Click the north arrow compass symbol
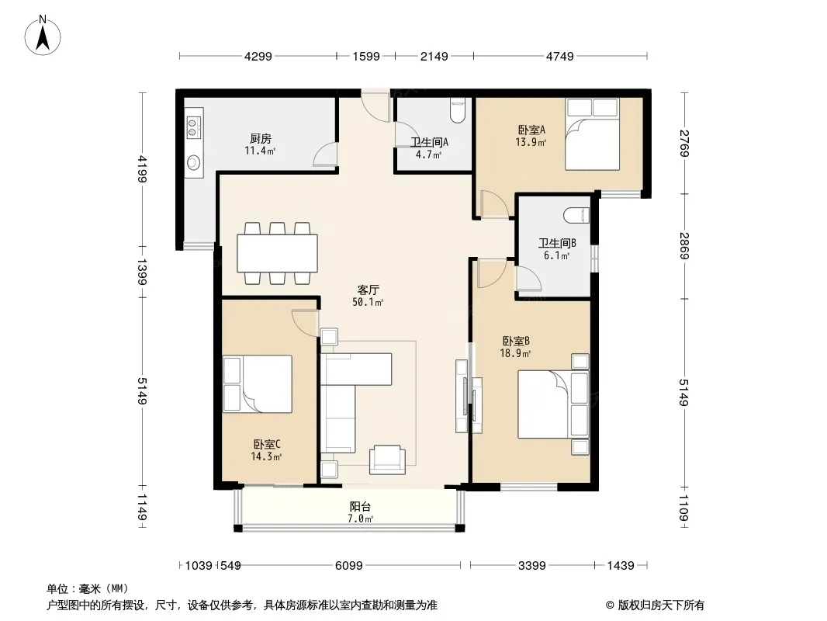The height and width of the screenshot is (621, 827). (x=43, y=36)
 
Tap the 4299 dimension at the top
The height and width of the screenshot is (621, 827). (x=258, y=56)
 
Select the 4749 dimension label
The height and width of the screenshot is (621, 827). (x=559, y=56)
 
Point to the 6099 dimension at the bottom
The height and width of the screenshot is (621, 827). (x=349, y=566)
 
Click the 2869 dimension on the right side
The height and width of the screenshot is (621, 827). (x=684, y=246)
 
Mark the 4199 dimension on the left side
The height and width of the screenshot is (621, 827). (x=142, y=169)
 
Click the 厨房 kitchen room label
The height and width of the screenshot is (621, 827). (x=261, y=139)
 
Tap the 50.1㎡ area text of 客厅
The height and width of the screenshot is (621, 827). (x=368, y=302)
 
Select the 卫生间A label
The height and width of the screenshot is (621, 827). (x=429, y=143)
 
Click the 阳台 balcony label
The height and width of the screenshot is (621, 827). (x=360, y=507)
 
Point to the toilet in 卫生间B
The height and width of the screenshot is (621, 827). (x=576, y=215)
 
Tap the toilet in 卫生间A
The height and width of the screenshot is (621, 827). (x=457, y=111)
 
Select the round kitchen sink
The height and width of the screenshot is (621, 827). (x=194, y=162)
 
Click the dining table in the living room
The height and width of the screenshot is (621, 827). (x=278, y=253)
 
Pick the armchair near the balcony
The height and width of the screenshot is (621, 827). (x=387, y=460)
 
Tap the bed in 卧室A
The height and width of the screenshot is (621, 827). (x=592, y=134)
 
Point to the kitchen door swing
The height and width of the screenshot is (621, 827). (x=325, y=154)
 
